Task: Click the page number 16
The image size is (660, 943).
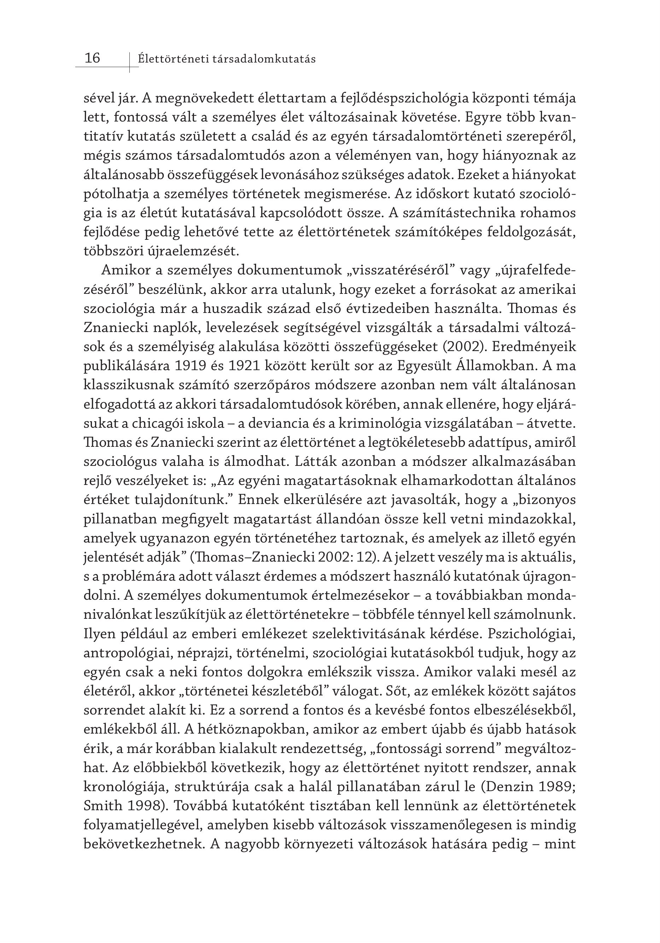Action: (92, 58)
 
